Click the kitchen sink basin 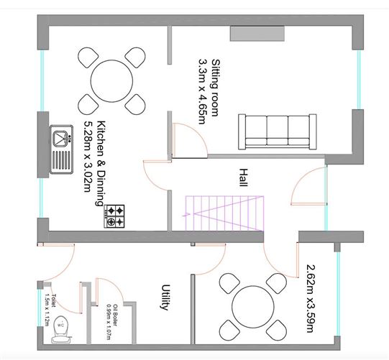click(x=60, y=139)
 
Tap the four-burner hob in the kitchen click(x=114, y=216)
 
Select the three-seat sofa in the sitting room click(x=278, y=131)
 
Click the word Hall click(x=243, y=177)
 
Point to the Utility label click(x=165, y=297)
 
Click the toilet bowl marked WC click(x=61, y=330)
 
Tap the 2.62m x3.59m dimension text click(x=311, y=298)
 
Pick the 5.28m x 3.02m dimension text click(x=88, y=157)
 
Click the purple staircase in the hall click(x=224, y=213)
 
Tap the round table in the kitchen click(x=111, y=81)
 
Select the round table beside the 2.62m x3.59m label click(x=253, y=307)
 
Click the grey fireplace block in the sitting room click(x=257, y=34)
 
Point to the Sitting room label click(x=215, y=88)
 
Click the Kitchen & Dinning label click(x=101, y=163)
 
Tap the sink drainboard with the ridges click(x=61, y=160)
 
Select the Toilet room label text click(x=53, y=300)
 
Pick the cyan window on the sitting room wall click(x=359, y=80)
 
